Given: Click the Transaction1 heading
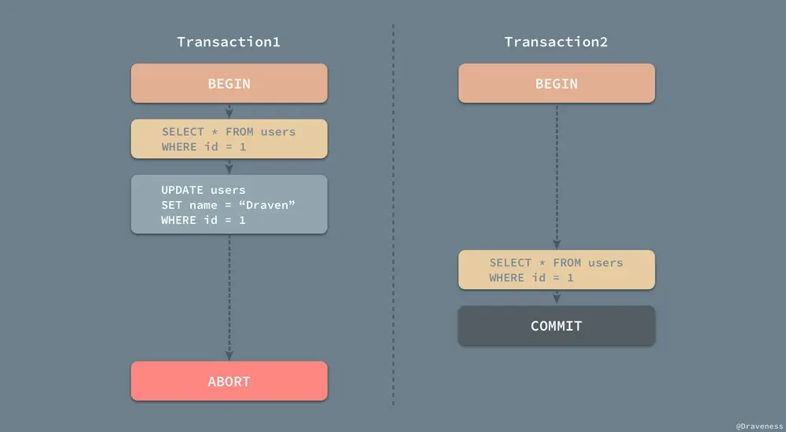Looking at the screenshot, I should point(229,42).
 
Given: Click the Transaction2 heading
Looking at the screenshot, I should point(556,42).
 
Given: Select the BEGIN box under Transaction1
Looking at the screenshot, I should point(229,84).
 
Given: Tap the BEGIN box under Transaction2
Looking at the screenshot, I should point(556,84).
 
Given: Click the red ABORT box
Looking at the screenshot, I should point(229,382).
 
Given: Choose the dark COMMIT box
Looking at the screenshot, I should point(556,326).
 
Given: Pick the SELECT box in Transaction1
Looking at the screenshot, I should point(229,139).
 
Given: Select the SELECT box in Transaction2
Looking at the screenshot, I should point(556,270).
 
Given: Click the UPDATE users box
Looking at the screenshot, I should point(229,205).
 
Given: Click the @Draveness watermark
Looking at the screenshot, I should point(758,425).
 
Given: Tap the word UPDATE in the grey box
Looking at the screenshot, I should point(182,190).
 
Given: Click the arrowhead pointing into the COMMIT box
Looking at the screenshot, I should point(556,299).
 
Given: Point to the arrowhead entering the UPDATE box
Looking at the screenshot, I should point(229,168).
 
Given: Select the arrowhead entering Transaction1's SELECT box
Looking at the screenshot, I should point(229,113).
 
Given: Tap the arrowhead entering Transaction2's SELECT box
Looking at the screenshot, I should point(556,244).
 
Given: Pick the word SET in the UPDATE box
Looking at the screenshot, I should point(171,205).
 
